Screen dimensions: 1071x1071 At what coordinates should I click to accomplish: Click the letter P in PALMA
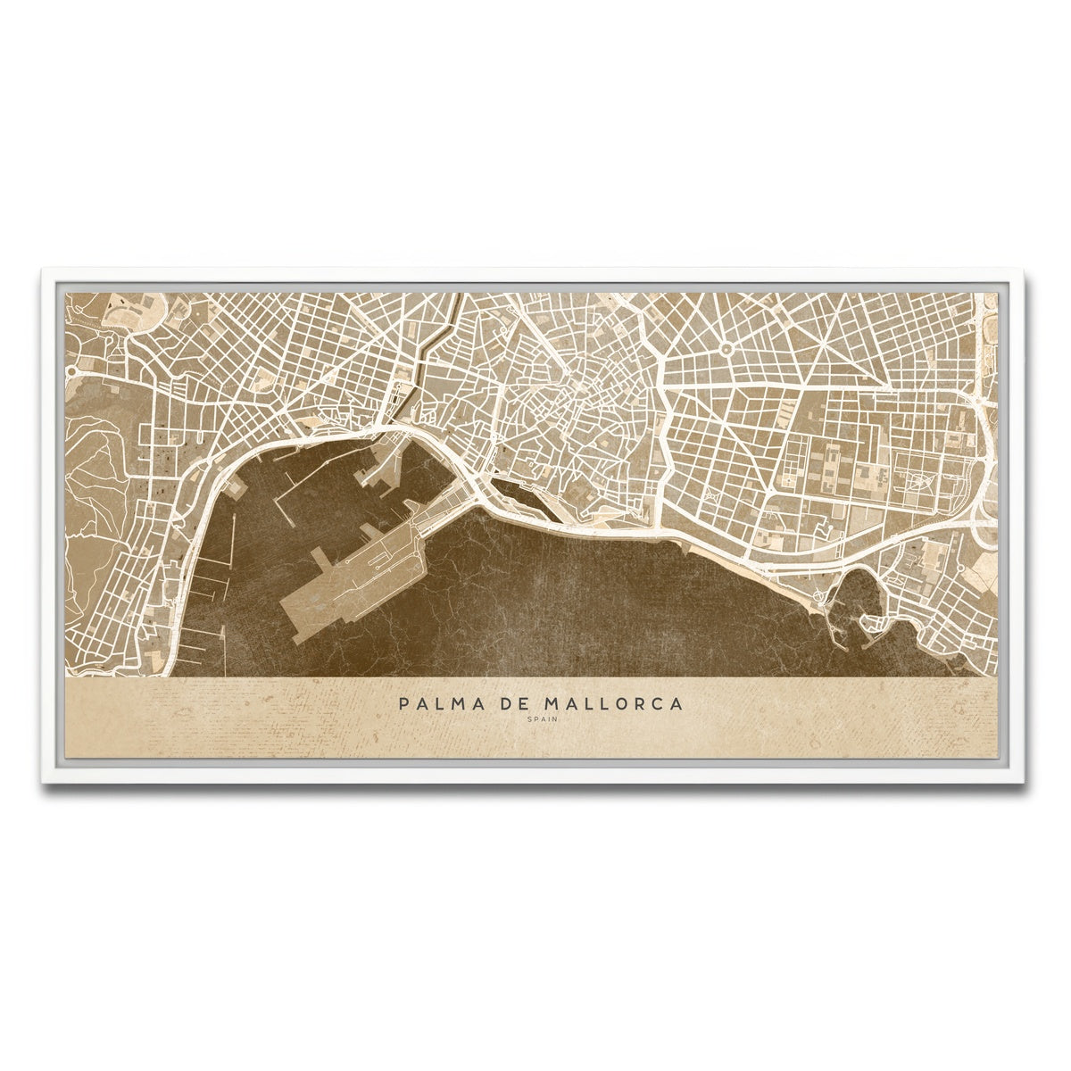[x=406, y=704]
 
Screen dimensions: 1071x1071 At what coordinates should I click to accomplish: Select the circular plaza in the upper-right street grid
[x=726, y=349]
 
